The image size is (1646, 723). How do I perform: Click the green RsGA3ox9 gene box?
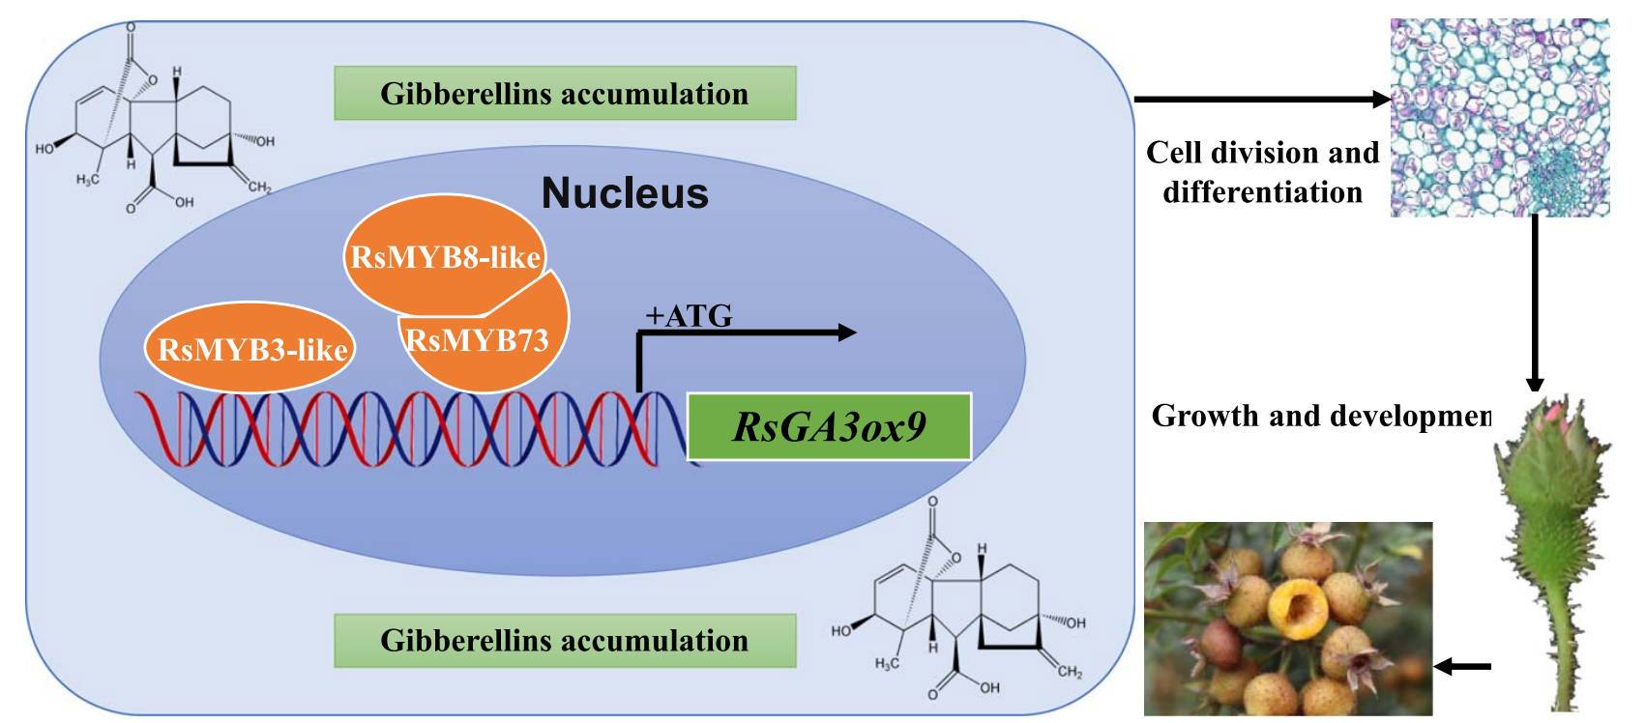(829, 426)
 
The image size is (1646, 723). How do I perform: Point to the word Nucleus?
(625, 192)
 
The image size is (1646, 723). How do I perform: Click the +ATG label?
(689, 316)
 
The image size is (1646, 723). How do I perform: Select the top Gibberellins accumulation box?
(565, 94)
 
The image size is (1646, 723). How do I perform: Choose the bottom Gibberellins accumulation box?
(565, 641)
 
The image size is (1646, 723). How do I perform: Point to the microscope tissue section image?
(1499, 117)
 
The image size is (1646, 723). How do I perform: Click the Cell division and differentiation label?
(1262, 172)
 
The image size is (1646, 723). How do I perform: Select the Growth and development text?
(1321, 416)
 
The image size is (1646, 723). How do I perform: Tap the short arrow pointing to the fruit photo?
(1461, 666)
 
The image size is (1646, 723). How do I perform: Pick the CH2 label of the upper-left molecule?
(259, 187)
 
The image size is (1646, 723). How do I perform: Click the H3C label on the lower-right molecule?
(887, 664)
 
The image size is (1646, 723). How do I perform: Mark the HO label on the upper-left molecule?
(44, 149)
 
